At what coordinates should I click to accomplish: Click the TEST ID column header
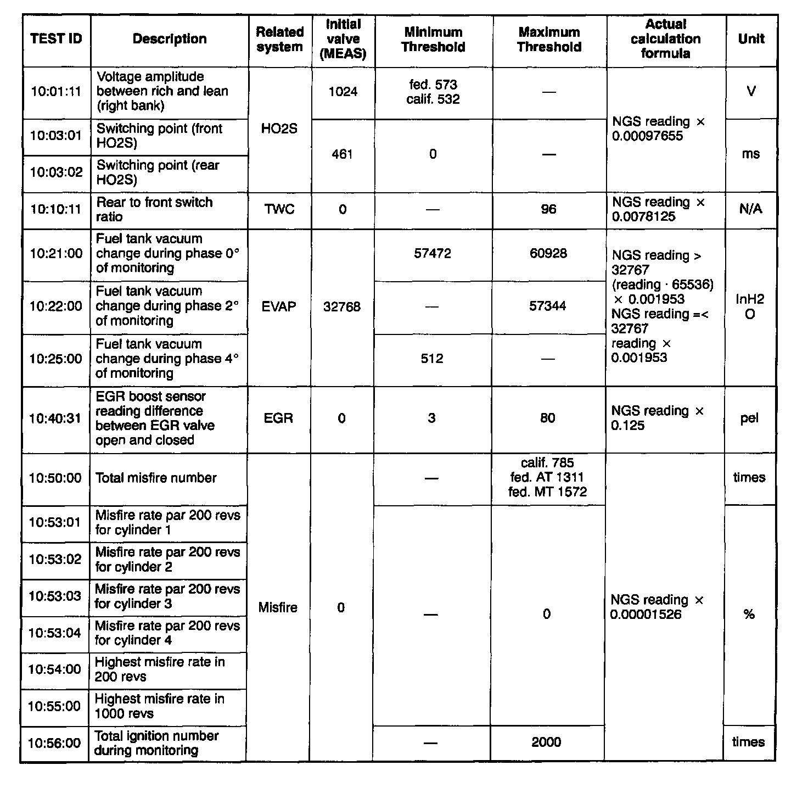click(56, 39)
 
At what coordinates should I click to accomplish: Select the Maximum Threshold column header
click(549, 40)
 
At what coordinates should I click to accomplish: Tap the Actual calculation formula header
click(665, 39)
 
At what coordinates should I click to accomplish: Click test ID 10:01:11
click(56, 92)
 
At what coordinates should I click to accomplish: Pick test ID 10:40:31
click(55, 418)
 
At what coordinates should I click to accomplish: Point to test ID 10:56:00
click(54, 743)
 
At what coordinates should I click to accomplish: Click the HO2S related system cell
click(279, 129)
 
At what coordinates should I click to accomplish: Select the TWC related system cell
click(279, 209)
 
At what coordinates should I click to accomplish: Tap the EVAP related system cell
click(279, 306)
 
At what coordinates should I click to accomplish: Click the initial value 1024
click(343, 92)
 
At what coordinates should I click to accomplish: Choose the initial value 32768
click(342, 306)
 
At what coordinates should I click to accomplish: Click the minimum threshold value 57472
click(433, 254)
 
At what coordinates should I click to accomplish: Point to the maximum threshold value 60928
click(548, 254)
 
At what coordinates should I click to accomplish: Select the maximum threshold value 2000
click(546, 742)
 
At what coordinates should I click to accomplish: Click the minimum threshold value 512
click(432, 359)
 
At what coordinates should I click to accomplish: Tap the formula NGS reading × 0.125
click(657, 418)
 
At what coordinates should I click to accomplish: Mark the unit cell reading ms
click(750, 154)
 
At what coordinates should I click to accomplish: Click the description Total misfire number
click(156, 478)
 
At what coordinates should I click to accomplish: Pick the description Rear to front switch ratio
click(154, 209)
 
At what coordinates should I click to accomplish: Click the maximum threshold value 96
click(548, 209)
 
